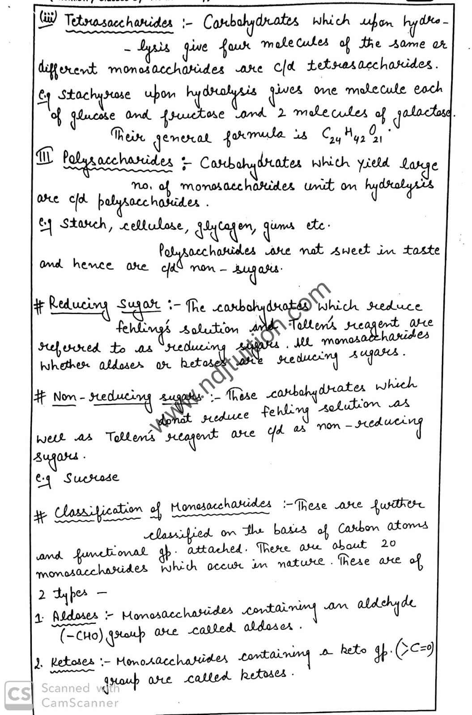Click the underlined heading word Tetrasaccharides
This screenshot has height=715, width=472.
click(x=119, y=22)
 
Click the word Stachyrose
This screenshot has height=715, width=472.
click(x=95, y=95)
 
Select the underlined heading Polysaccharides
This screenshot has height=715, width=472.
click(x=118, y=161)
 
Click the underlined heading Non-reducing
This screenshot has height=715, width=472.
click(x=102, y=396)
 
